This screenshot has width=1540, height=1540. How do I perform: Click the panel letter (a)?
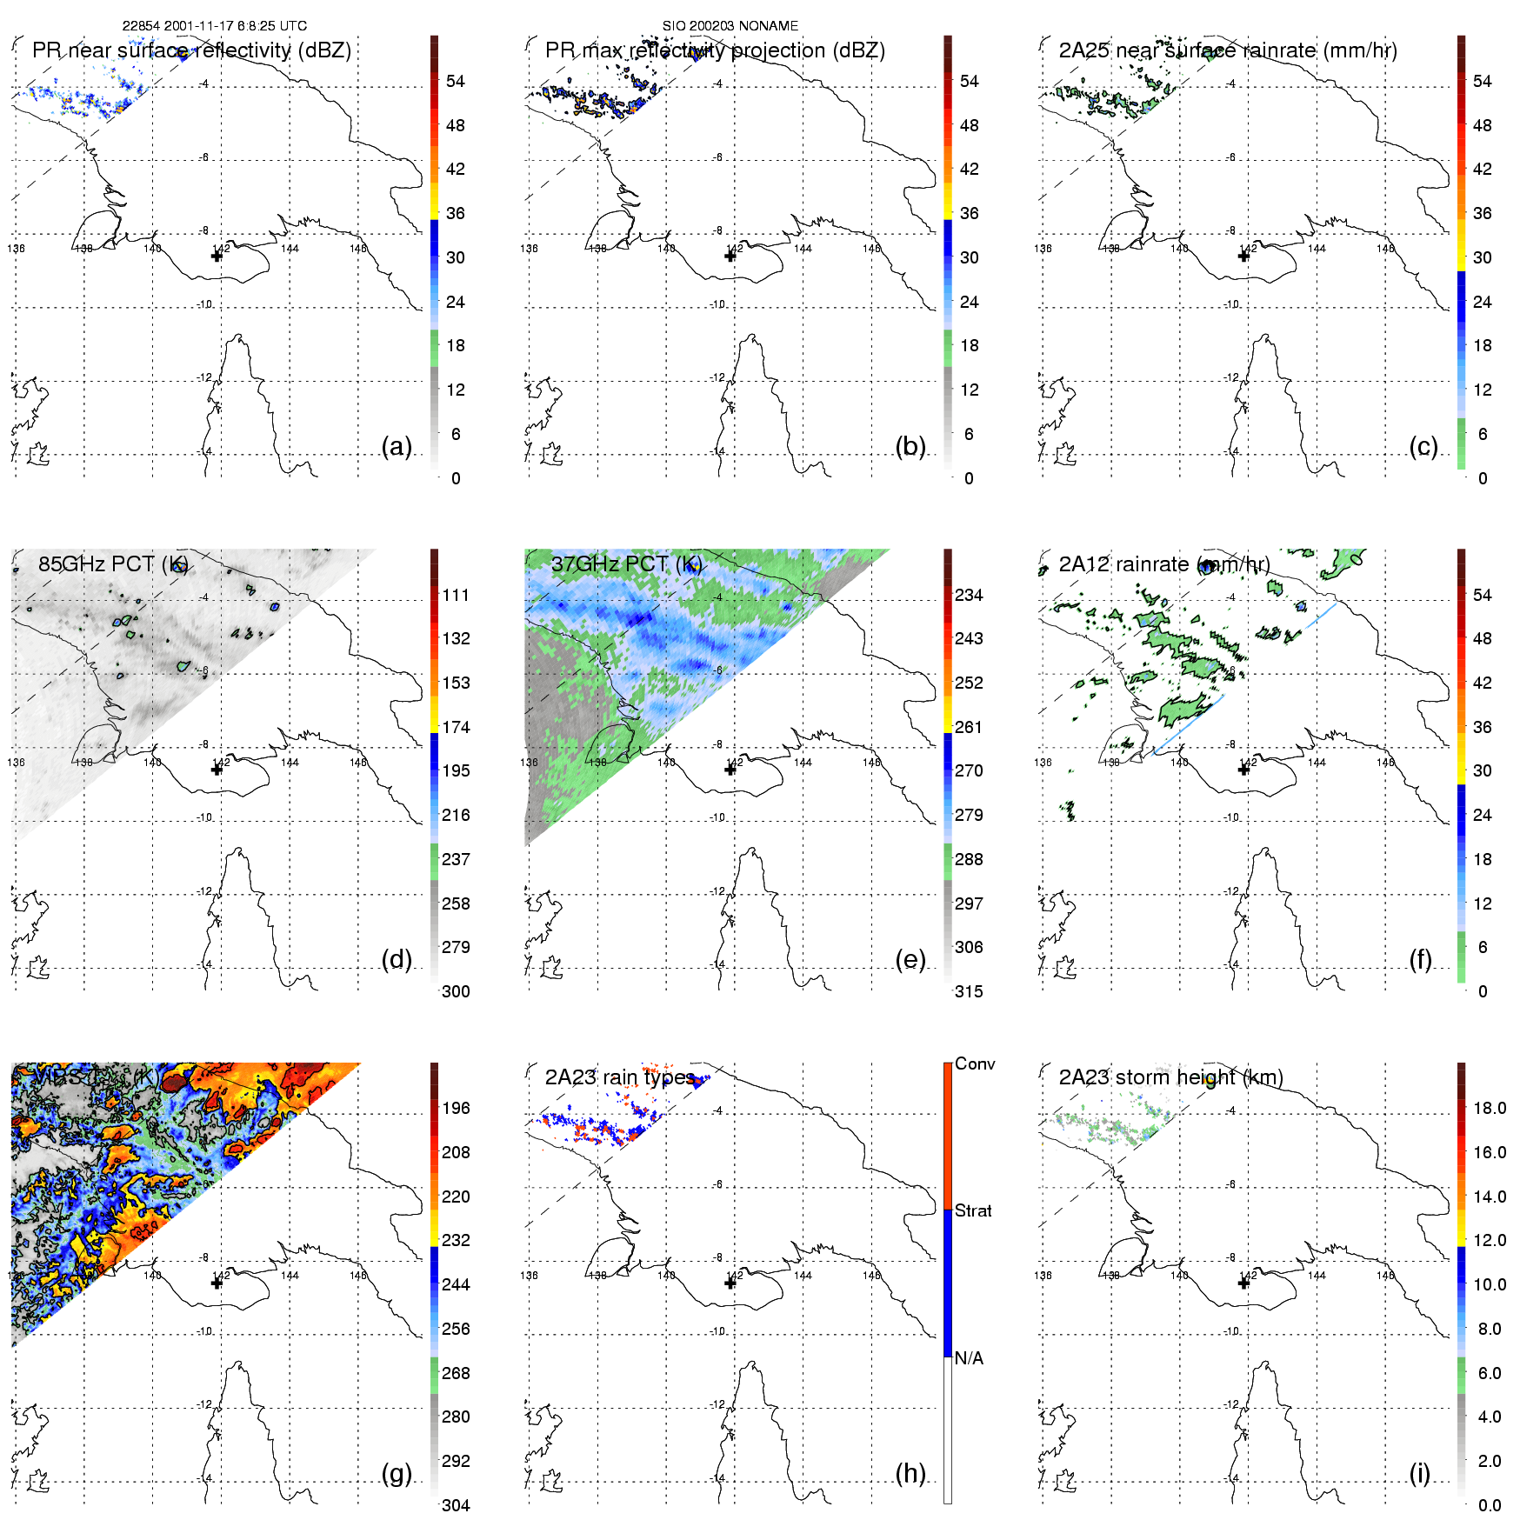click(x=396, y=447)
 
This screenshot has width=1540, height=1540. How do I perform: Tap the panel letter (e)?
click(x=910, y=960)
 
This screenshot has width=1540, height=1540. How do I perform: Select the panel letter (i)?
click(x=1419, y=1474)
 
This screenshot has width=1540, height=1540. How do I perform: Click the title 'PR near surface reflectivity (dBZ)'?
click(x=191, y=50)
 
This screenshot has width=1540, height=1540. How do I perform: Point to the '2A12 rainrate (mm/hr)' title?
click(x=1164, y=564)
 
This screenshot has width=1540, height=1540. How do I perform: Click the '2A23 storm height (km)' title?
click(x=1170, y=1077)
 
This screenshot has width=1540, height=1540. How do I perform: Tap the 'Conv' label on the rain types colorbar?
click(x=975, y=1063)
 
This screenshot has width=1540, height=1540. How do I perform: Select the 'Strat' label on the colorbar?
click(x=973, y=1210)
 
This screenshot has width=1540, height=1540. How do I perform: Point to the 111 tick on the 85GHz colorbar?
click(x=456, y=595)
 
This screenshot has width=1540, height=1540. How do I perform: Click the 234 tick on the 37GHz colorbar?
click(x=969, y=595)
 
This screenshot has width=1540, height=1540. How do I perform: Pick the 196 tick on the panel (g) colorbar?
click(x=456, y=1108)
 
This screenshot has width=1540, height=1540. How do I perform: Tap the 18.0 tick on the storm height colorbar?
click(x=1490, y=1108)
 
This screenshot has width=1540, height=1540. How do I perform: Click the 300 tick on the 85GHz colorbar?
click(x=456, y=991)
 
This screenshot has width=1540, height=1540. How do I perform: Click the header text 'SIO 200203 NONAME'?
click(x=730, y=26)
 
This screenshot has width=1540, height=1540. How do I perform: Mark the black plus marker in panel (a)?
click(x=217, y=256)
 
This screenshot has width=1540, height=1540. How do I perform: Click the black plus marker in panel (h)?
click(x=730, y=1283)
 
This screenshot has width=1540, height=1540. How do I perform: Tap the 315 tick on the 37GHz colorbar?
click(x=969, y=991)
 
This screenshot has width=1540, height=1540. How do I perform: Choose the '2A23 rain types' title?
click(x=619, y=1077)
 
